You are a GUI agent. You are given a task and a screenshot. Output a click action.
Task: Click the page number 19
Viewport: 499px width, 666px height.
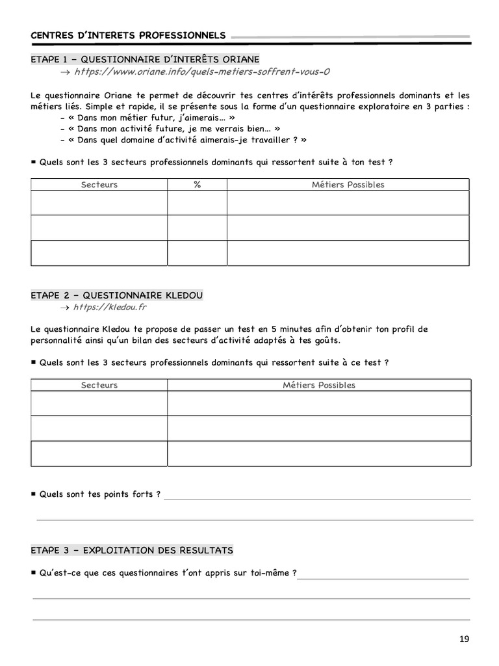tap(463, 639)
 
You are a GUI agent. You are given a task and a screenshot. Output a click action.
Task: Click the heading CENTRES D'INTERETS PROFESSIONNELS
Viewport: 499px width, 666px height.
tap(128, 34)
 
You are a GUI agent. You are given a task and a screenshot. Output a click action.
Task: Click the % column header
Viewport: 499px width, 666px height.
tap(197, 185)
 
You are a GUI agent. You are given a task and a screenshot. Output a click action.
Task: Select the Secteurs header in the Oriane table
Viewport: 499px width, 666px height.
tap(99, 185)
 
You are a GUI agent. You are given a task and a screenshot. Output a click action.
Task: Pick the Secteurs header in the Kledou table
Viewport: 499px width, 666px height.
tap(99, 385)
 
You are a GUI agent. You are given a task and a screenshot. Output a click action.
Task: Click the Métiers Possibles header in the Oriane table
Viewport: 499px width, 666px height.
tap(348, 185)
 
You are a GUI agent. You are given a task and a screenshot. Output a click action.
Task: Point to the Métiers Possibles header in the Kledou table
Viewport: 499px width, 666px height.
tap(318, 385)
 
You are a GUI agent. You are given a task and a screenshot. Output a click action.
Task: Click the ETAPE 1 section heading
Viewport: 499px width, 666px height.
tap(145, 59)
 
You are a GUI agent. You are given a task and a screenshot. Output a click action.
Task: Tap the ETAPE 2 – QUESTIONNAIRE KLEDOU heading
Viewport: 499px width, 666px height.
tap(117, 295)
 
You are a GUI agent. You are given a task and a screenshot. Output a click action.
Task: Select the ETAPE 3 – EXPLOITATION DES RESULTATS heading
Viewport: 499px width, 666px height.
tap(132, 550)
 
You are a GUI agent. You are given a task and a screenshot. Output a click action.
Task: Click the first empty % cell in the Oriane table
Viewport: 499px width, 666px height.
tap(197, 203)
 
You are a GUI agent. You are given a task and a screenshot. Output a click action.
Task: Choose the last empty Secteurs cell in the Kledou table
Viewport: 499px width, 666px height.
tap(99, 453)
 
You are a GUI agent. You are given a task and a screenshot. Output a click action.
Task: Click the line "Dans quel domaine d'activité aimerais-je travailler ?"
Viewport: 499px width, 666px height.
tap(183, 140)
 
